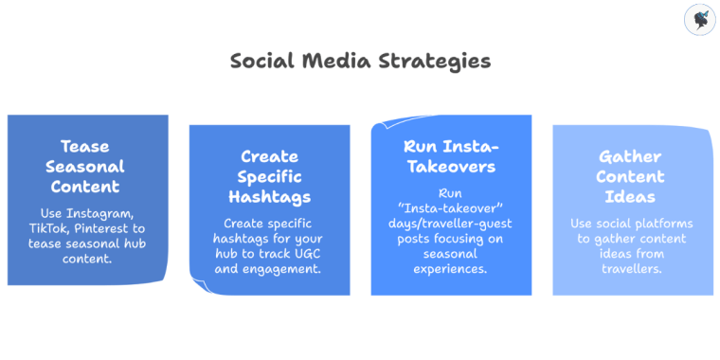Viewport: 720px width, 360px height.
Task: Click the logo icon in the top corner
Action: pos(698,20)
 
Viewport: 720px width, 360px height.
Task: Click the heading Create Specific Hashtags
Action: pos(269,176)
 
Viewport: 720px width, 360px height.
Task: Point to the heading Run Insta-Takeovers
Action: pos(451,155)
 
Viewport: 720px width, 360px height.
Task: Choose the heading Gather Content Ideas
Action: pos(631,176)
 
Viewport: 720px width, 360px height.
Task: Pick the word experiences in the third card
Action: pos(451,269)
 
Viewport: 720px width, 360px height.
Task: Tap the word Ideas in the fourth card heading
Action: pos(631,197)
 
